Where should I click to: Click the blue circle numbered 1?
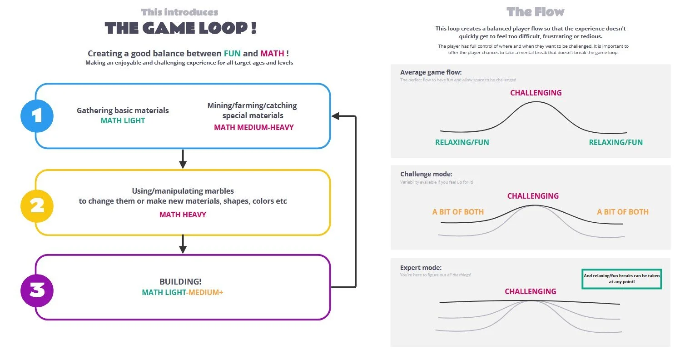coord(37,116)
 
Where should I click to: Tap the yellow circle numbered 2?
coord(37,206)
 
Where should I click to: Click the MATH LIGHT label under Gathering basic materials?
coord(123,121)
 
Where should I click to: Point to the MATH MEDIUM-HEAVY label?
coord(253,127)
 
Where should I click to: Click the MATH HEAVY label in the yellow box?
coord(183,215)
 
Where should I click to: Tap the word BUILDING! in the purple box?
coord(182,282)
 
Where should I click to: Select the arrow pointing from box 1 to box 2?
coord(183,159)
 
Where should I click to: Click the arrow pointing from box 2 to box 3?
coord(183,244)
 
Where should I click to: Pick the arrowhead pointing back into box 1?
coord(335,116)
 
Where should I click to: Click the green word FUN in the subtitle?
coord(232,54)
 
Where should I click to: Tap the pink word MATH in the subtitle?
coord(272,54)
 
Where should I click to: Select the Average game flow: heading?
coord(431,72)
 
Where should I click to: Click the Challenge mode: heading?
coord(426,174)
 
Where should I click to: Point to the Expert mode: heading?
coord(421,268)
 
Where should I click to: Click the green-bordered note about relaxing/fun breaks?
coord(621,279)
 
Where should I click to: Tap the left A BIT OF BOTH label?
coord(458,212)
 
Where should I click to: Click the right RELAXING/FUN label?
coord(616,142)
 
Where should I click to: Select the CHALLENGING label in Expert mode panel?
coord(530,291)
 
